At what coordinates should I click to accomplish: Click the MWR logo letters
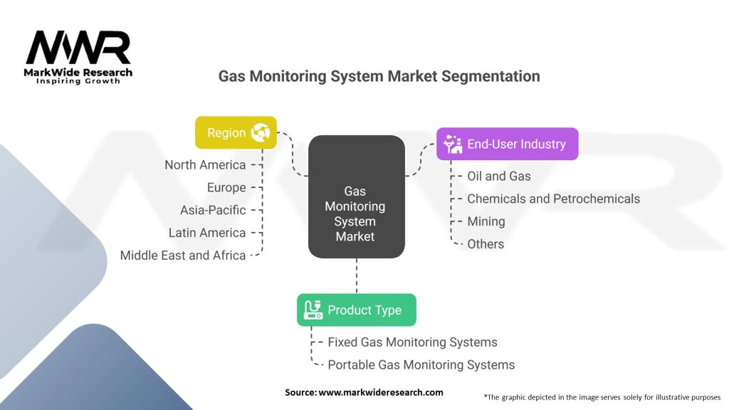[x=78, y=48]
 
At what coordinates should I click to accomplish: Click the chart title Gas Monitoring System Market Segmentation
[x=379, y=76]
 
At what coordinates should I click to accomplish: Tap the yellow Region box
[x=236, y=132]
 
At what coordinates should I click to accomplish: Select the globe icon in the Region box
[x=259, y=132]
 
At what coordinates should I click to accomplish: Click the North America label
[x=205, y=164]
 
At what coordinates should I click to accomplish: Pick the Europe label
[x=226, y=187]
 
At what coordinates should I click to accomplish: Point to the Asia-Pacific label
[x=213, y=210]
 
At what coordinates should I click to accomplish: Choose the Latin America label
[x=207, y=233]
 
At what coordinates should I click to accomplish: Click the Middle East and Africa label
[x=183, y=255]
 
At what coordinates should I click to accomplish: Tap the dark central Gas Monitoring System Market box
[x=356, y=196]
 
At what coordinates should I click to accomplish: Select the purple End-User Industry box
[x=507, y=144]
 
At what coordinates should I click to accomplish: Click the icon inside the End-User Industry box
[x=453, y=144]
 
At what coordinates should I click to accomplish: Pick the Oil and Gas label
[x=499, y=176]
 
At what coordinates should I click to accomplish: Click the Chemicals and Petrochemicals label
[x=553, y=199]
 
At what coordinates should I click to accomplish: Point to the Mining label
[x=486, y=221]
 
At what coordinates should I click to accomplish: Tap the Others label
[x=486, y=244]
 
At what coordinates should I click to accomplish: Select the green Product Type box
[x=356, y=310]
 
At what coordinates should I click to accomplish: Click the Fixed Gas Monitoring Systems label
[x=412, y=342]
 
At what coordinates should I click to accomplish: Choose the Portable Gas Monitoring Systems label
[x=421, y=365]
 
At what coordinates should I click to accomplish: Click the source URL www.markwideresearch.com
[x=381, y=392]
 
